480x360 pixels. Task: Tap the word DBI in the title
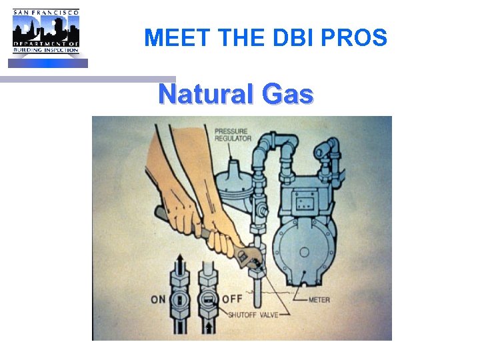[x=293, y=38]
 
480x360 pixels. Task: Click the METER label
[x=319, y=299]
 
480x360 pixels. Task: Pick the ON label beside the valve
[x=158, y=299]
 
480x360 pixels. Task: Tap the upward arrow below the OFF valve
[x=209, y=327]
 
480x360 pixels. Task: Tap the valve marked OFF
[x=209, y=299]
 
